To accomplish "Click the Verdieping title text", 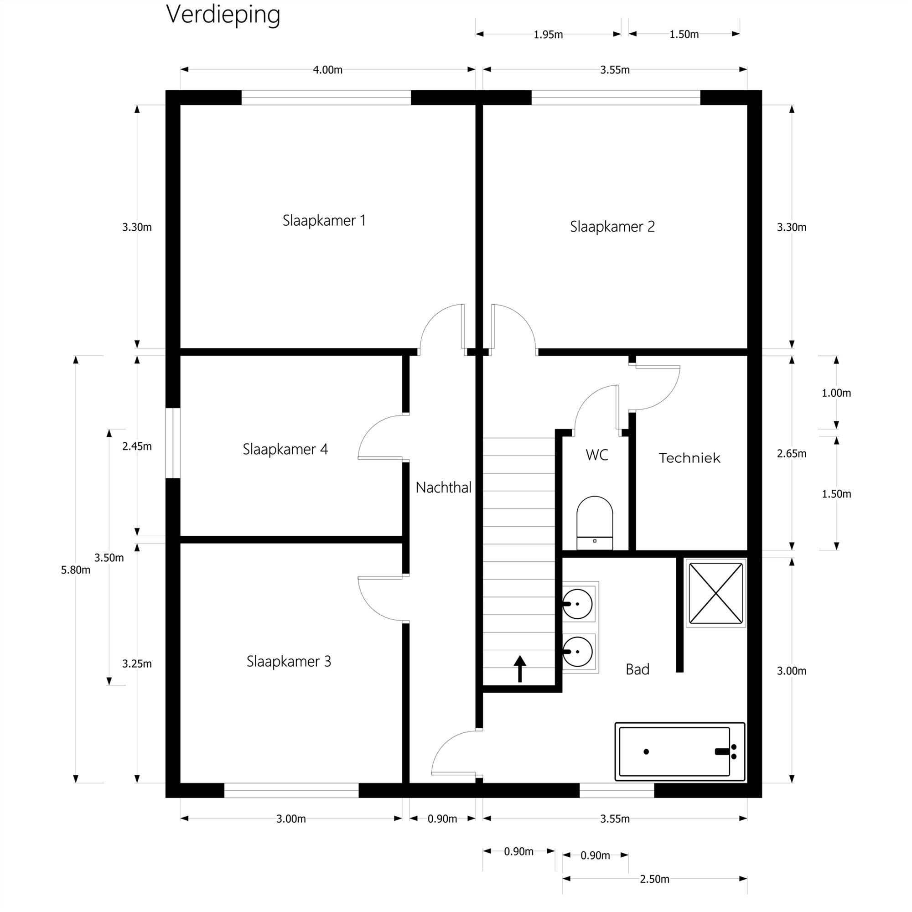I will [223, 15].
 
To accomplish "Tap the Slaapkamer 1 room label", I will [324, 220].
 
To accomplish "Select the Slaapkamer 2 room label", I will [612, 227].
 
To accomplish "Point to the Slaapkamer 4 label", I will [285, 449].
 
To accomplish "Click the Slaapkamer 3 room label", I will [289, 661].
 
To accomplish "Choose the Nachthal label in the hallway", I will [443, 487].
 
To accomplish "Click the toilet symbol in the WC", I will [594, 523].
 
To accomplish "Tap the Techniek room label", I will [689, 458].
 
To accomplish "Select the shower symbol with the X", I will [715, 593].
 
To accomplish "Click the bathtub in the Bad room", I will [680, 751].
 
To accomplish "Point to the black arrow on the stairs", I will [520, 668].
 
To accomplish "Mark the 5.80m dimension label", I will [76, 570].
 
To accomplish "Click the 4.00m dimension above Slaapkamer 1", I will [327, 70].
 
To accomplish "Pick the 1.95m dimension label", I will [548, 35].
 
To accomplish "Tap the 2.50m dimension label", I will [654, 879].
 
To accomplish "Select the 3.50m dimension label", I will [109, 558].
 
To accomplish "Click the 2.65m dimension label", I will [791, 454].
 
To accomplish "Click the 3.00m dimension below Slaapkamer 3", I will [291, 819].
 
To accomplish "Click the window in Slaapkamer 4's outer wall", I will [173, 443].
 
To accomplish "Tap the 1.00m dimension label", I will [836, 393].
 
